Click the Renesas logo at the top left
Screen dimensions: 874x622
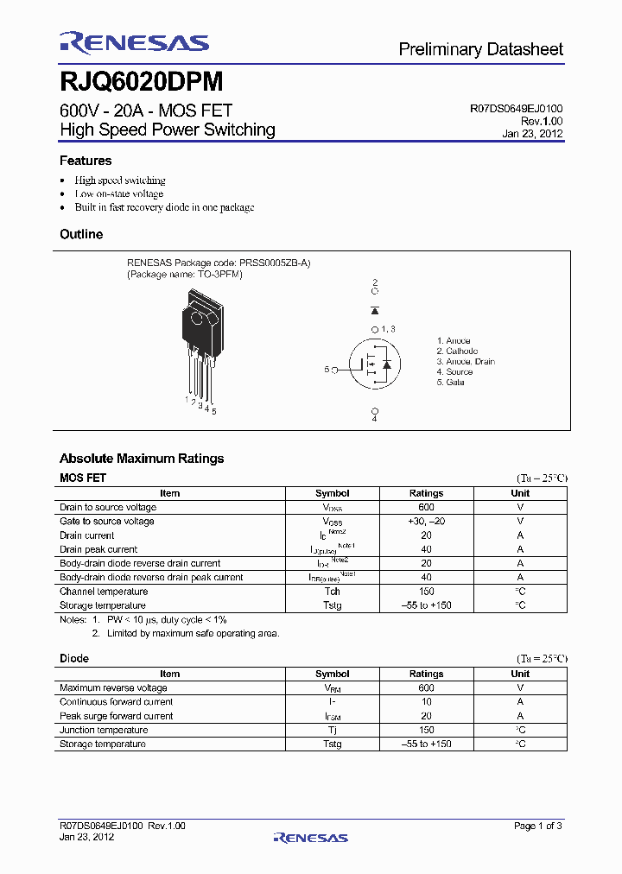[134, 43]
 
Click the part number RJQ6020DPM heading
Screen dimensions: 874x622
[142, 82]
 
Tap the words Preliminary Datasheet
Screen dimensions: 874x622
[480, 49]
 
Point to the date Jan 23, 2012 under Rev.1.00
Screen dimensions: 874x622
[532, 134]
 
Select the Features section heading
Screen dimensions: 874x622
[86, 161]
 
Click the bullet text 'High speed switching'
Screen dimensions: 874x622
[120, 180]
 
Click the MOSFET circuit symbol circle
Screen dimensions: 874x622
[374, 367]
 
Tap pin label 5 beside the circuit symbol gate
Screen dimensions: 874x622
[327, 370]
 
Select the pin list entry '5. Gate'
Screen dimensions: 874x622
[450, 383]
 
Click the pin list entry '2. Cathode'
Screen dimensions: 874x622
[457, 351]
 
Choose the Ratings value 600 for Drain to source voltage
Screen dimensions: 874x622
[426, 508]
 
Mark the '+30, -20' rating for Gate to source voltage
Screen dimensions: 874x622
[426, 522]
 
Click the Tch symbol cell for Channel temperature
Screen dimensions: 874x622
[333, 592]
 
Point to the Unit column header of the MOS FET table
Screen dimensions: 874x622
[520, 493]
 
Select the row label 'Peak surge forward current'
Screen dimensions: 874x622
[116, 716]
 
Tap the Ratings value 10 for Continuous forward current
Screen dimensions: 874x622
[426, 702]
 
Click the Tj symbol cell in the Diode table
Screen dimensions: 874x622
[333, 730]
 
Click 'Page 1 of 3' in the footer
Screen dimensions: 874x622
[538, 826]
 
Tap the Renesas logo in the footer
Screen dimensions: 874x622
[310, 837]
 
